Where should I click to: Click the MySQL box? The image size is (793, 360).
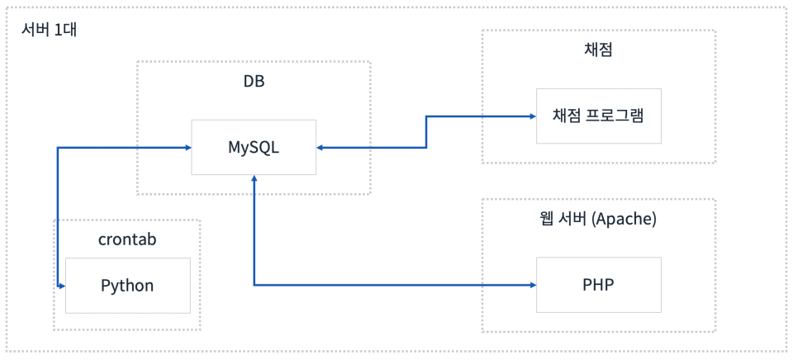tap(254, 147)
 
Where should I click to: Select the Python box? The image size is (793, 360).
tap(127, 286)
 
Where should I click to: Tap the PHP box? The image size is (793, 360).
tap(598, 285)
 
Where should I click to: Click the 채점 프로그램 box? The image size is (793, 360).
tap(598, 116)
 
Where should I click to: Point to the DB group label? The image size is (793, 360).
tap(254, 82)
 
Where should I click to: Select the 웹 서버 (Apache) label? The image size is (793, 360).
tap(598, 220)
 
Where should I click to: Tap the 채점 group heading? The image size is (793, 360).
tap(598, 50)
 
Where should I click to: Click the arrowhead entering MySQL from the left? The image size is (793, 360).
tap(187, 148)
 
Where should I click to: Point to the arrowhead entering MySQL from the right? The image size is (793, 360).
tap(321, 148)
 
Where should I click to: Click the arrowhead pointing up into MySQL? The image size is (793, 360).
tap(254, 179)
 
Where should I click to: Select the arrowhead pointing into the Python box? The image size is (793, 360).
tap(62, 286)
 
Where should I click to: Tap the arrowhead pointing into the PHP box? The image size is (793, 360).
tap(532, 285)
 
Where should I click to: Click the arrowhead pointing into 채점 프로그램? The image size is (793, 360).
tap(532, 116)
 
